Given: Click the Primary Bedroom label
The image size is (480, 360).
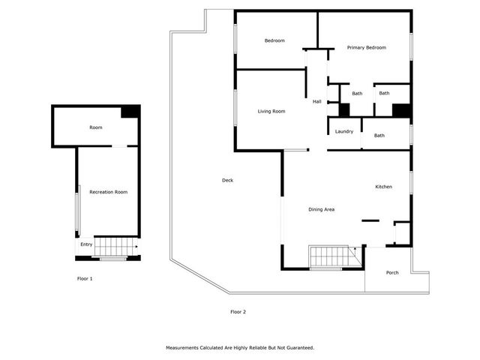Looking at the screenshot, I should (366, 47).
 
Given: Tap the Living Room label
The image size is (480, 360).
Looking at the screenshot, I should (271, 112).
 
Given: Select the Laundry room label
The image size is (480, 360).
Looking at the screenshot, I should (344, 131).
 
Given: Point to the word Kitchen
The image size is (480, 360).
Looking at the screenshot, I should (384, 187).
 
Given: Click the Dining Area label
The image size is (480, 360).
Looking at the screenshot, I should (321, 209).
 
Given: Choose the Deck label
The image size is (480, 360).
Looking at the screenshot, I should (227, 180).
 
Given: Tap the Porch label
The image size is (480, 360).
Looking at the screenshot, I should (392, 272).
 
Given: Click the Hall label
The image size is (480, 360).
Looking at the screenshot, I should (317, 101).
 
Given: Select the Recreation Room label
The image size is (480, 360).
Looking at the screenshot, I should (108, 192).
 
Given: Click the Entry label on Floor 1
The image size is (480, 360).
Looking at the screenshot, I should (86, 244).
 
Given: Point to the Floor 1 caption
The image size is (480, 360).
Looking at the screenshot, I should (85, 279).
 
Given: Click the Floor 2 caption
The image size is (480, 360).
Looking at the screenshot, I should (238, 311).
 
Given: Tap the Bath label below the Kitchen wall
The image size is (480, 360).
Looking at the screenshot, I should (379, 136).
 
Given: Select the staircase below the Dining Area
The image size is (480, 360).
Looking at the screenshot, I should (331, 256).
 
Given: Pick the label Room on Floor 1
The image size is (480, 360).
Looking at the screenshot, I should (96, 127).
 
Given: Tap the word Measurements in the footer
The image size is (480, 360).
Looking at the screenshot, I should (182, 348).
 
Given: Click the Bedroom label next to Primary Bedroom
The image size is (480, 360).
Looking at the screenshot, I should (274, 40).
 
